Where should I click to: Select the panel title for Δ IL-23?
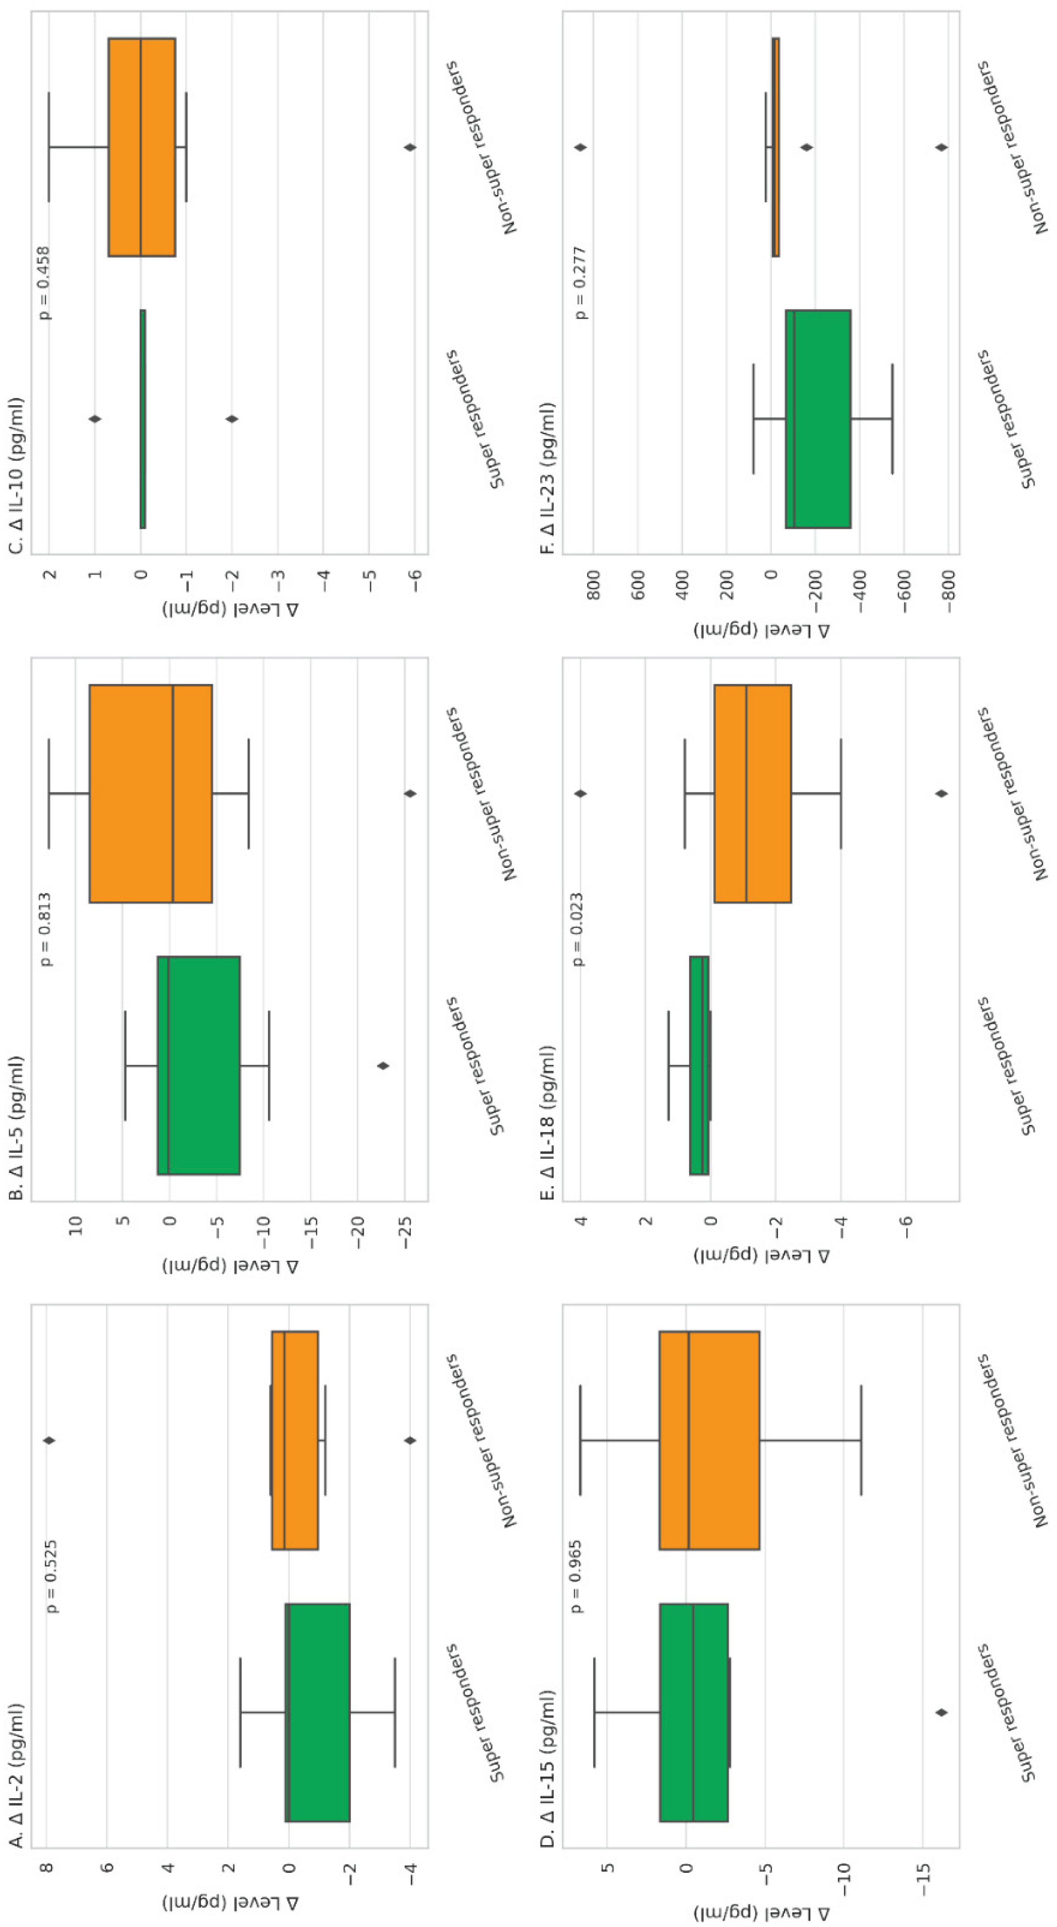coord(548,478)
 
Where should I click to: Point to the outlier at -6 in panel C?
coord(409,147)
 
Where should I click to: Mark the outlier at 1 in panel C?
coord(95,419)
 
